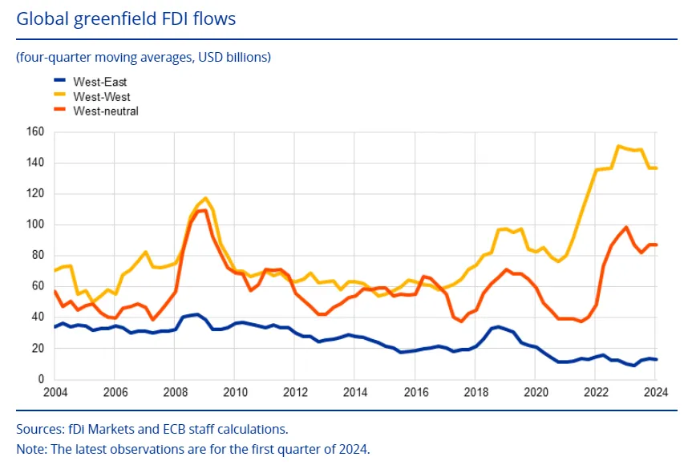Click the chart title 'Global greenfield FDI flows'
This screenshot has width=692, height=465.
click(126, 18)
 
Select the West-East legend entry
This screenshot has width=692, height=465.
click(99, 82)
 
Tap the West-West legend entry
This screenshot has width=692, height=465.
click(101, 96)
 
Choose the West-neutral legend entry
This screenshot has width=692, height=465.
click(105, 111)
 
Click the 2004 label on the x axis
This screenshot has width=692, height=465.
click(55, 393)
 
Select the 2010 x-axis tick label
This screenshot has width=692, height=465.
click(235, 393)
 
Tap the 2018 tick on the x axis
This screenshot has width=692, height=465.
click(476, 393)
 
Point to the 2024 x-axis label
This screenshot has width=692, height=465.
click(655, 393)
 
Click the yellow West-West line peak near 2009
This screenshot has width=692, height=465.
click(206, 198)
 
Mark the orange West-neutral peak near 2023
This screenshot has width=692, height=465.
click(625, 228)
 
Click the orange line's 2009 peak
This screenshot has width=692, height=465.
click(204, 210)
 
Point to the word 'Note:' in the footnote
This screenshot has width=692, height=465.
click(31, 448)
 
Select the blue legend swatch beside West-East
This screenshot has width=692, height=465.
click(59, 82)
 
